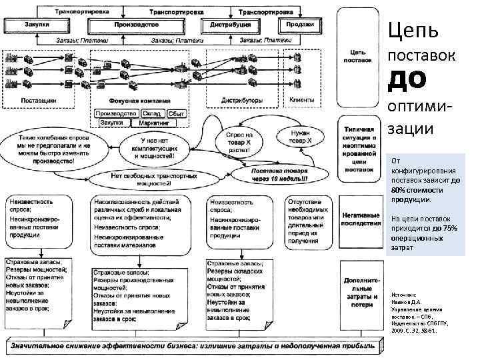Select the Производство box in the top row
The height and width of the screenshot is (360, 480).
pyautogui.click(x=135, y=24)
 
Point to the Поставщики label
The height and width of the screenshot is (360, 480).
pyautogui.click(x=39, y=99)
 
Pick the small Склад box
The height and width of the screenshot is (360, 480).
pyautogui.click(x=151, y=113)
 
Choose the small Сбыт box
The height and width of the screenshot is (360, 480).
pyautogui.click(x=176, y=113)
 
